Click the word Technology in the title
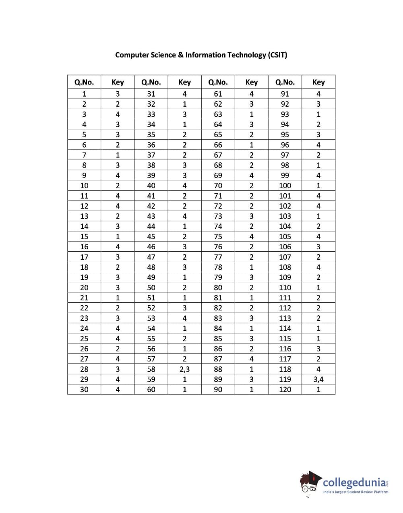246,55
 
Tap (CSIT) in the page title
277,55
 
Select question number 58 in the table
151,369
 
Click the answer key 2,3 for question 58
184,369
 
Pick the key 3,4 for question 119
318,379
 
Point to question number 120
285,389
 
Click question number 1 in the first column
84,94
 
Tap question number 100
285,186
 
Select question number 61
218,94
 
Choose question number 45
151,237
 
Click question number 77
218,257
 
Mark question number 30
84,389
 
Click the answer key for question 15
118,237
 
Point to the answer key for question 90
252,389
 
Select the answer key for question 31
184,94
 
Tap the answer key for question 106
318,247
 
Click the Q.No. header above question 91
285,82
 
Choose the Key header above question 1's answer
118,82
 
